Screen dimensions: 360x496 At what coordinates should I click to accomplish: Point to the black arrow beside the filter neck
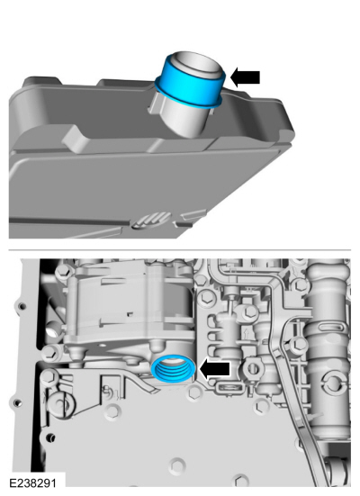click(245, 77)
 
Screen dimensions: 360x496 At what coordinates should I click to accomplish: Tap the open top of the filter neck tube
click(197, 64)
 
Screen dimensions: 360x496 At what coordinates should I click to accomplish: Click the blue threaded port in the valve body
click(174, 368)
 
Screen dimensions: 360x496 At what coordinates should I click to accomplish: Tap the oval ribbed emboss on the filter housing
click(152, 221)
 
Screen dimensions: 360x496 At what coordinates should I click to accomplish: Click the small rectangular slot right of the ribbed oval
click(184, 224)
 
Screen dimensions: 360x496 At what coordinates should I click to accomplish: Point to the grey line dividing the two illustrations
click(180, 250)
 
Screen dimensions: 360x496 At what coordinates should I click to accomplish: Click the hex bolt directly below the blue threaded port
click(193, 393)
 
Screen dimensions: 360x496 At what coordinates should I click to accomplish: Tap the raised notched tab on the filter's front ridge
click(76, 139)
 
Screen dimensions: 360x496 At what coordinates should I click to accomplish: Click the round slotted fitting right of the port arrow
click(252, 368)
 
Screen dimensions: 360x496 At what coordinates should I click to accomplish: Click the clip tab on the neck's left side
click(155, 104)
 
